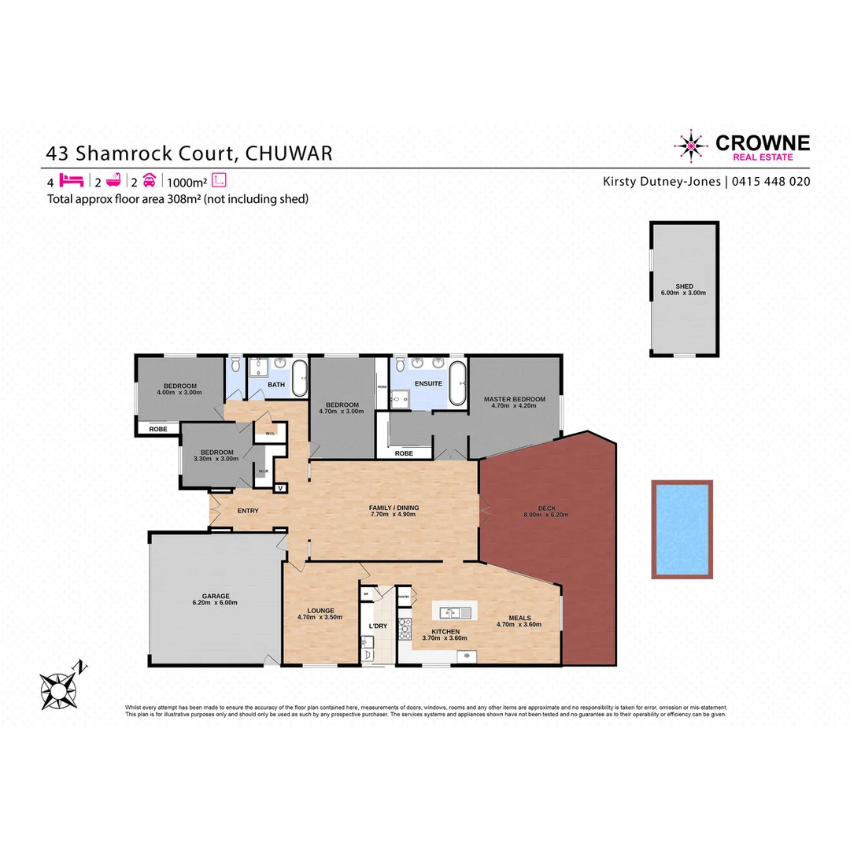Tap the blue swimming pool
click(682, 529)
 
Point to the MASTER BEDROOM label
click(514, 400)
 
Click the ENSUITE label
click(429, 383)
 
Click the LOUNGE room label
click(321, 610)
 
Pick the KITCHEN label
click(445, 631)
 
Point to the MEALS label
click(519, 618)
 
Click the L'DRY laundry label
click(378, 626)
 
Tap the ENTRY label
click(248, 511)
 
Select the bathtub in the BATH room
click(299, 379)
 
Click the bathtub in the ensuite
click(458, 383)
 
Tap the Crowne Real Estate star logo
click(691, 146)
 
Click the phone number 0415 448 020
click(771, 181)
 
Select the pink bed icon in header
click(72, 180)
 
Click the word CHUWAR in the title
click(289, 152)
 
